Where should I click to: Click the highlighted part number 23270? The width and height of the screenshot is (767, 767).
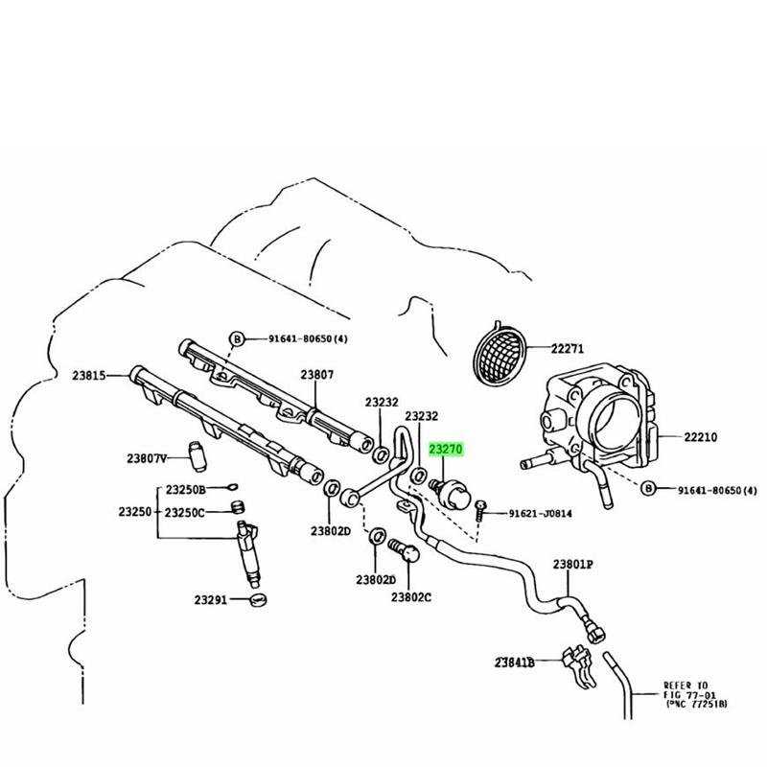pyautogui.click(x=446, y=449)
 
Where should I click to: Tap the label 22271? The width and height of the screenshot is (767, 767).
pyautogui.click(x=568, y=349)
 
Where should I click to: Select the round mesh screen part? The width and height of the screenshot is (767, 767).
pyautogui.click(x=500, y=352)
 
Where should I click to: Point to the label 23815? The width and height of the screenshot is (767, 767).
pyautogui.click(x=89, y=375)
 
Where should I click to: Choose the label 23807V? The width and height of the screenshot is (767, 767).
pyautogui.click(x=147, y=458)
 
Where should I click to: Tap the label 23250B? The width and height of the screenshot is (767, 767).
pyautogui.click(x=186, y=490)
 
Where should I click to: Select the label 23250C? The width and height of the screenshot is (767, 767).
pyautogui.click(x=184, y=513)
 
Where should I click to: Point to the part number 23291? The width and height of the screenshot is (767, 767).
pyautogui.click(x=211, y=599)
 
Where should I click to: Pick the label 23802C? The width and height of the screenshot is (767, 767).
pyautogui.click(x=411, y=597)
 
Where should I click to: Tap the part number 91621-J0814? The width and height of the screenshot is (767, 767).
pyautogui.click(x=540, y=513)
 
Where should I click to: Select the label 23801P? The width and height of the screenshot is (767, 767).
pyautogui.click(x=572, y=564)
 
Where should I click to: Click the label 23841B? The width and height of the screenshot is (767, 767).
pyautogui.click(x=514, y=662)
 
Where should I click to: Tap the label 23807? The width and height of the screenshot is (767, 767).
pyautogui.click(x=317, y=375)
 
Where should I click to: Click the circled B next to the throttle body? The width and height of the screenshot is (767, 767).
pyautogui.click(x=648, y=488)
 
